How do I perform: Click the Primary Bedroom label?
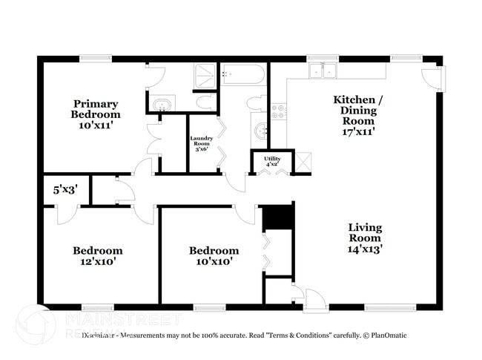[96, 109]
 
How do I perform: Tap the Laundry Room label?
[202, 143]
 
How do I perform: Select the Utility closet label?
[271, 160]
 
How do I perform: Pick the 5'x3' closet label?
[65, 189]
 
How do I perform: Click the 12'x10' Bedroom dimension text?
[97, 261]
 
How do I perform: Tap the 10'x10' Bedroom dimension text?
[214, 261]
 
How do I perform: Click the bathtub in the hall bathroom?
[242, 74]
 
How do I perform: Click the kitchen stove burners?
[280, 111]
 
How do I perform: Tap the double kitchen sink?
[323, 71]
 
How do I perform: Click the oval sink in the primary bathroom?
[160, 104]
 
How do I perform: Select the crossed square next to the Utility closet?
[303, 162]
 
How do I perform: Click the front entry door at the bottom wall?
[314, 298]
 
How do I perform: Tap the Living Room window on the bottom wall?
[390, 307]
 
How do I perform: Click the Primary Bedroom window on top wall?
[96, 59]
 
